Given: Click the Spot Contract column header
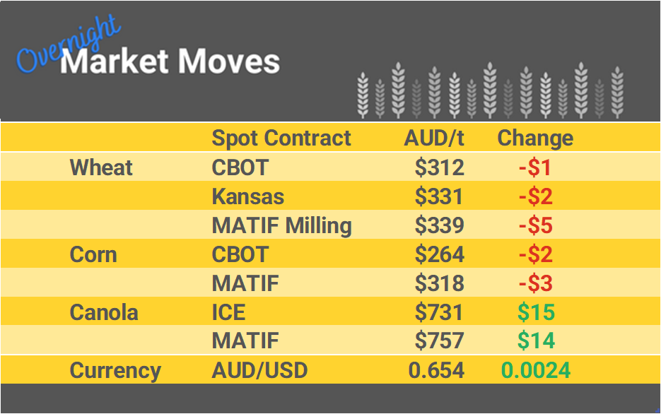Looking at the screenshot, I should pyautogui.click(x=281, y=138).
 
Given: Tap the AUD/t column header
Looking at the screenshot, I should pyautogui.click(x=434, y=138).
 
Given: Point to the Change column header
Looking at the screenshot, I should pyautogui.click(x=535, y=138).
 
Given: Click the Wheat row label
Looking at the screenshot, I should pyautogui.click(x=101, y=167).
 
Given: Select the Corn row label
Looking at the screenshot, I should pyautogui.click(x=93, y=254).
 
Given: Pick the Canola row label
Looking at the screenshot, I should pyautogui.click(x=104, y=312).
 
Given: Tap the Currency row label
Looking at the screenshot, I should pyautogui.click(x=115, y=370).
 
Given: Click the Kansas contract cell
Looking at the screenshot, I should pyautogui.click(x=247, y=196).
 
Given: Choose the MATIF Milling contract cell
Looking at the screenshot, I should pyautogui.click(x=281, y=225).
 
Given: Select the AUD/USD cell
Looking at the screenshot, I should pyautogui.click(x=259, y=370).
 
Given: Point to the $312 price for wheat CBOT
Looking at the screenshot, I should pyautogui.click(x=439, y=167).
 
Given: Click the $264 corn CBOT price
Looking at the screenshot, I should pyautogui.click(x=439, y=254).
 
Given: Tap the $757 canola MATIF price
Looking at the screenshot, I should pyautogui.click(x=439, y=341).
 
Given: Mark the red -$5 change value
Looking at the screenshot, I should pyautogui.click(x=535, y=225).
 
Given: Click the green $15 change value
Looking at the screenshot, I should pyautogui.click(x=536, y=312).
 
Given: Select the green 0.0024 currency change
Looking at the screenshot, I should pyautogui.click(x=535, y=370).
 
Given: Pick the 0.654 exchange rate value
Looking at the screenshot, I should pyautogui.click(x=436, y=370).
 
